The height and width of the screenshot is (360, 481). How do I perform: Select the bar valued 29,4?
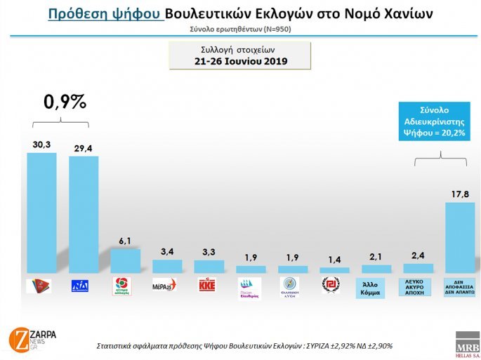click(84, 215)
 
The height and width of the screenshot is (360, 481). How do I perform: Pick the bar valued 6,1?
click(125, 260)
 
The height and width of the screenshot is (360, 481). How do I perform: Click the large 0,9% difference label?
click(65, 102)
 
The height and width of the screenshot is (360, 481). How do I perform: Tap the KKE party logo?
click(209, 286)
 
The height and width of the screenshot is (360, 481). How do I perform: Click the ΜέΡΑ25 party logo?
click(166, 286)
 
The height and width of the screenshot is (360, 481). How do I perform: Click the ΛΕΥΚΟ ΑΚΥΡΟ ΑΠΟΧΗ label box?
click(418, 286)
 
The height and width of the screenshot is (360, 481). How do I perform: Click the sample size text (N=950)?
click(271, 29)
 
